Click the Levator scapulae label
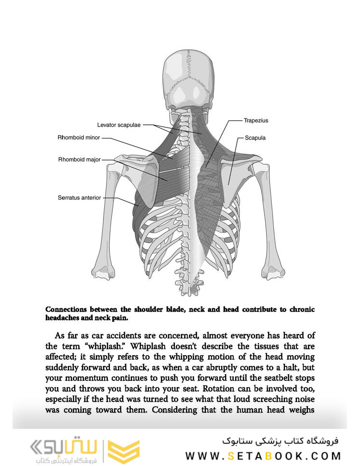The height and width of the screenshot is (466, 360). coord(119,125)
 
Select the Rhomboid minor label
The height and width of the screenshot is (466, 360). coord(79,138)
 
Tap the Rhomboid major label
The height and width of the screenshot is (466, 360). coord(79,159)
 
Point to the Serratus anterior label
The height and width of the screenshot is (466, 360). coord(79,198)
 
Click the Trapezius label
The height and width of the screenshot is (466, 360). coord(256,120)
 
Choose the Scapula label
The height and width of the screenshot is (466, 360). coord(255,137)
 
